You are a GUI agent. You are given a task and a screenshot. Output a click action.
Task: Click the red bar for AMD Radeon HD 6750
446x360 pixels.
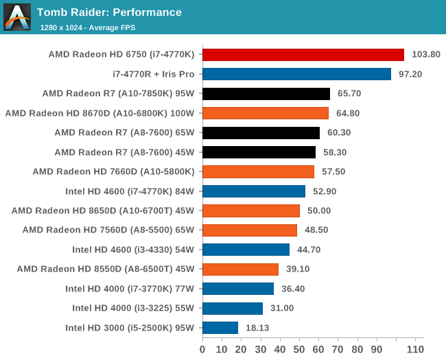tap(303, 54)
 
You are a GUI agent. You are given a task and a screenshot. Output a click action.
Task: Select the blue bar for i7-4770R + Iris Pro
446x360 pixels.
tap(296, 74)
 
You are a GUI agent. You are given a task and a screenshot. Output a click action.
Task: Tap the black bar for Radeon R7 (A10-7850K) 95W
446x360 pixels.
tap(266, 93)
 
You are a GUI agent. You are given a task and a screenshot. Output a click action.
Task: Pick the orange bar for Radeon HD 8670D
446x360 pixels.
tap(266, 113)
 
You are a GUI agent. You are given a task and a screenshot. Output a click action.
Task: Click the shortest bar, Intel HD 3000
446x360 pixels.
tap(220, 328)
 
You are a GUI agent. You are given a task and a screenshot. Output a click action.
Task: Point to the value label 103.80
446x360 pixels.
tap(425, 54)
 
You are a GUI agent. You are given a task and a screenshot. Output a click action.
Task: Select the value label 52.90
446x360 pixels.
tap(325, 191)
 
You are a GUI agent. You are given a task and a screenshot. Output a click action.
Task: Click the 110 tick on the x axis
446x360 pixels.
tap(416, 350)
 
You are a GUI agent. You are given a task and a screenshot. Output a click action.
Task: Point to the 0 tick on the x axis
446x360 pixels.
tap(202, 350)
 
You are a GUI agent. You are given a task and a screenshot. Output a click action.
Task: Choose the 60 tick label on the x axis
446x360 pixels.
tap(319, 350)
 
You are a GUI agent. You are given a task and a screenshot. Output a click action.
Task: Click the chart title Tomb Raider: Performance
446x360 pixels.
tap(109, 12)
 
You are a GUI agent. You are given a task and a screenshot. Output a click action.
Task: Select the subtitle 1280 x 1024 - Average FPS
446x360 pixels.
tap(87, 27)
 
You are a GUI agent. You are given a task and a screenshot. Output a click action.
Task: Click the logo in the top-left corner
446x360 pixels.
tap(17, 17)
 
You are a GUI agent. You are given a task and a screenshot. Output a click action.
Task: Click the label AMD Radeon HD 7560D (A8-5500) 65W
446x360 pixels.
tap(108, 230)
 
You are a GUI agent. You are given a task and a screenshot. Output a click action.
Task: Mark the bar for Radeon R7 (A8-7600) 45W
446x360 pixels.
tap(259, 152)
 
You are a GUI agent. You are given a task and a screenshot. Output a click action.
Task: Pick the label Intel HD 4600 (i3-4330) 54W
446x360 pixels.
tap(133, 250)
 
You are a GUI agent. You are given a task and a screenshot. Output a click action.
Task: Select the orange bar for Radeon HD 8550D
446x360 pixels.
tap(240, 269)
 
